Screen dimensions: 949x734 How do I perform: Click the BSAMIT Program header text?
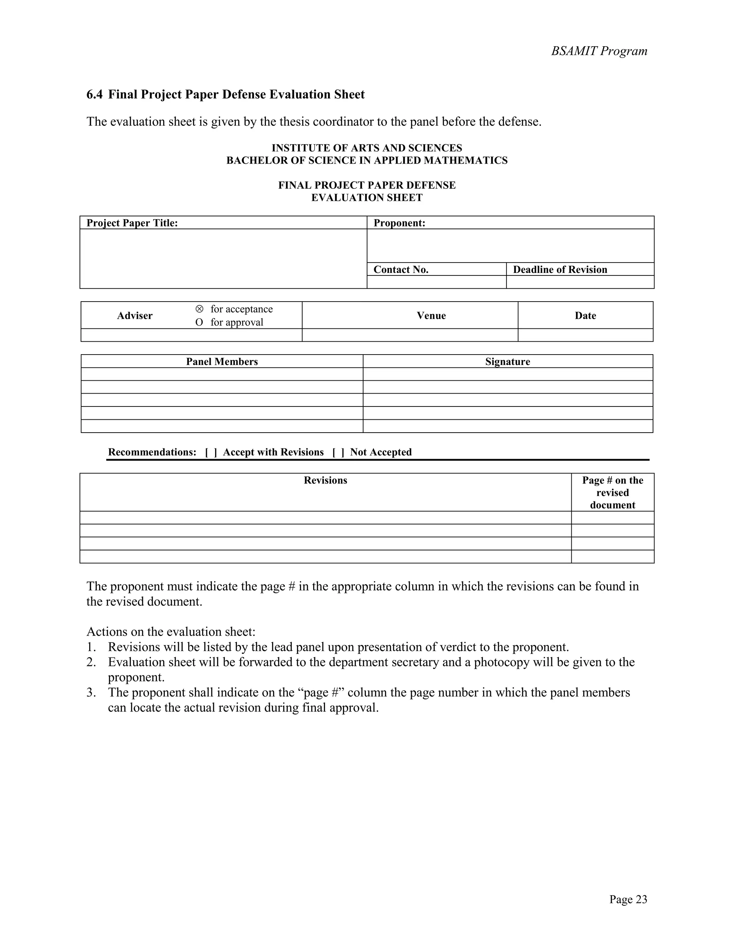pyautogui.click(x=599, y=51)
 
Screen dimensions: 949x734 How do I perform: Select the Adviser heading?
pyautogui.click(x=135, y=315)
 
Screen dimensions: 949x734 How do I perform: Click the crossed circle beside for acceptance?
pyautogui.click(x=199, y=309)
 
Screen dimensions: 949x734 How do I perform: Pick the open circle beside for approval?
pyautogui.click(x=199, y=322)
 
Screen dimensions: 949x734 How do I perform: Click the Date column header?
pyautogui.click(x=585, y=315)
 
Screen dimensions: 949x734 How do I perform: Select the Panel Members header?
pyautogui.click(x=222, y=362)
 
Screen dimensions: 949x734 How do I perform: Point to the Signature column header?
pyautogui.click(x=507, y=362)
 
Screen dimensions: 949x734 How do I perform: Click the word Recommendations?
pyautogui.click(x=152, y=452)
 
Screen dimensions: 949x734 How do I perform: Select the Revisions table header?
pyautogui.click(x=325, y=480)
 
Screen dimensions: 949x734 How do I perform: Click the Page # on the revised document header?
pyautogui.click(x=612, y=492)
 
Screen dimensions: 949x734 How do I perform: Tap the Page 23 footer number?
pyautogui.click(x=628, y=900)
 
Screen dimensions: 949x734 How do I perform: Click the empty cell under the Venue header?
pyautogui.click(x=410, y=335)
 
